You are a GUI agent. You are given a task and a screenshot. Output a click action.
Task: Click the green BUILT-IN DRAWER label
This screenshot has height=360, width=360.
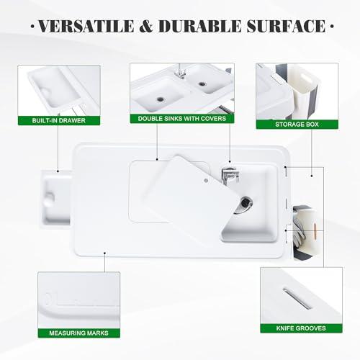click(58, 121)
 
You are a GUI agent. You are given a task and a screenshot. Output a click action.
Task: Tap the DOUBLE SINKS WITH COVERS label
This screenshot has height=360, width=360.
click(182, 118)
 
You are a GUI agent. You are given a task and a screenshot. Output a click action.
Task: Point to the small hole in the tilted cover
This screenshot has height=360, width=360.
click(205, 174)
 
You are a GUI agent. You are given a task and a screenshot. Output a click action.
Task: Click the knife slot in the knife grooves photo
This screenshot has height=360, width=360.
click(294, 296)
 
